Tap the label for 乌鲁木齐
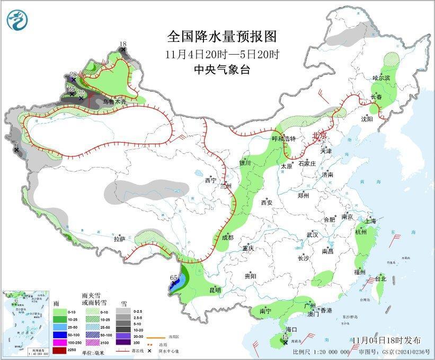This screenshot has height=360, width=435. (x=114, y=101)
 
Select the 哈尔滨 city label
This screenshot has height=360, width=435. (x=380, y=78)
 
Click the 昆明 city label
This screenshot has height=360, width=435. (x=215, y=290)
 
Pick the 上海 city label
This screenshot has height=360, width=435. (x=371, y=221)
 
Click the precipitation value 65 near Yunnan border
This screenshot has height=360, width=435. (x=173, y=277)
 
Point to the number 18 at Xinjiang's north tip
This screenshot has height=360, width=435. (x=123, y=43)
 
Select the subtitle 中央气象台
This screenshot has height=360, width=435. (x=221, y=69)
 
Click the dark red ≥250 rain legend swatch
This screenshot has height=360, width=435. (x=60, y=350)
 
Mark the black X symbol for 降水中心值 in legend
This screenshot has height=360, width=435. (x=150, y=351)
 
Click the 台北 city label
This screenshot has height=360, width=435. (x=380, y=278)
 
